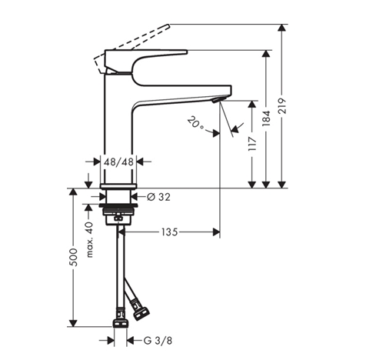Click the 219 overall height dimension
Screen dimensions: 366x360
(x=282, y=105)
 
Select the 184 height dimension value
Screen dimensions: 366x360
(x=267, y=118)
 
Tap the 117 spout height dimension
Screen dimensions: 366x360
(x=252, y=144)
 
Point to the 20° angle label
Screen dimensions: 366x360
(x=195, y=123)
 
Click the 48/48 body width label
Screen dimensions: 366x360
(x=118, y=162)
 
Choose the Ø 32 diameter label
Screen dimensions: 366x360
(x=158, y=197)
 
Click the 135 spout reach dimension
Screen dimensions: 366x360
(x=169, y=232)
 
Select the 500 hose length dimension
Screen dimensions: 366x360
(x=74, y=257)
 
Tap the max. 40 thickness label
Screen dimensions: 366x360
(x=89, y=240)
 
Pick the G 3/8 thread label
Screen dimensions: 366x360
(x=158, y=341)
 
